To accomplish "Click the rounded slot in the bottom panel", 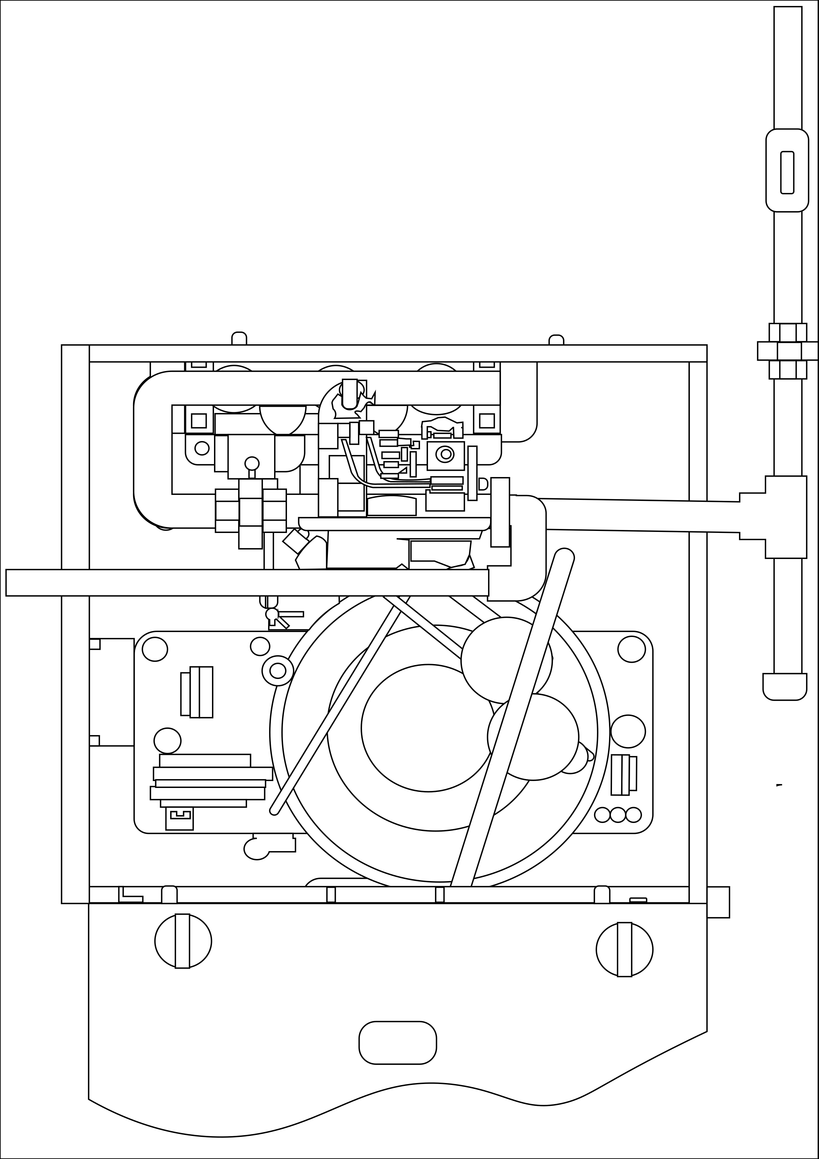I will (x=398, y=1042).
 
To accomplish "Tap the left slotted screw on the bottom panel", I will (x=183, y=941).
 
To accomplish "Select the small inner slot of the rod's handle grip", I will (x=787, y=172).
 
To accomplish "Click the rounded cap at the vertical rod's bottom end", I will (x=785, y=687).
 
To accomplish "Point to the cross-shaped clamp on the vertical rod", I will (x=788, y=351).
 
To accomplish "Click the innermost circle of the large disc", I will (x=428, y=728).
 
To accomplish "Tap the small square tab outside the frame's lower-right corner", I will (x=718, y=902).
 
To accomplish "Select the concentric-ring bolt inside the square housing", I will (x=445, y=454).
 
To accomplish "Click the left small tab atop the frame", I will (x=239, y=339).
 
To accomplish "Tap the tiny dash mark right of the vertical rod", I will (x=779, y=785).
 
